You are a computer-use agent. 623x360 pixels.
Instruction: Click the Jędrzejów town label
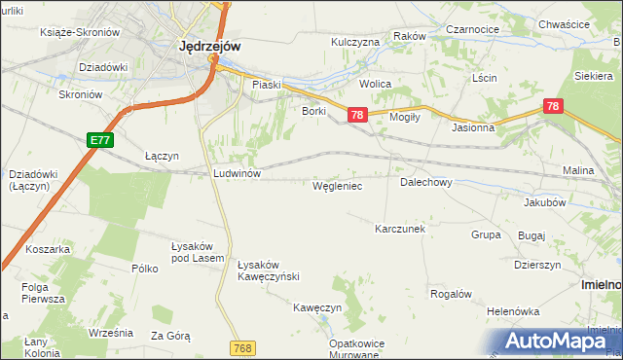tap(210, 45)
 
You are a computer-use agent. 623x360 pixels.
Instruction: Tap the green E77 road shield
tap(100, 141)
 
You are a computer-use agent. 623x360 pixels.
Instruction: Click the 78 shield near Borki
tap(357, 116)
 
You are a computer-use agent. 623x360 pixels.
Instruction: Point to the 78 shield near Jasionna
tap(553, 106)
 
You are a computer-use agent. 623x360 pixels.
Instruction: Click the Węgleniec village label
tap(338, 185)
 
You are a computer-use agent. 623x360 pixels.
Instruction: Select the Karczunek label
tap(400, 229)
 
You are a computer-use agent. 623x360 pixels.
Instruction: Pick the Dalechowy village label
tap(425, 182)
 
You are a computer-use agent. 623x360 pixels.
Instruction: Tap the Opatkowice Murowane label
tap(352, 349)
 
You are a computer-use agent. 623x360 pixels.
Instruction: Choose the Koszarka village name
tap(49, 249)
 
